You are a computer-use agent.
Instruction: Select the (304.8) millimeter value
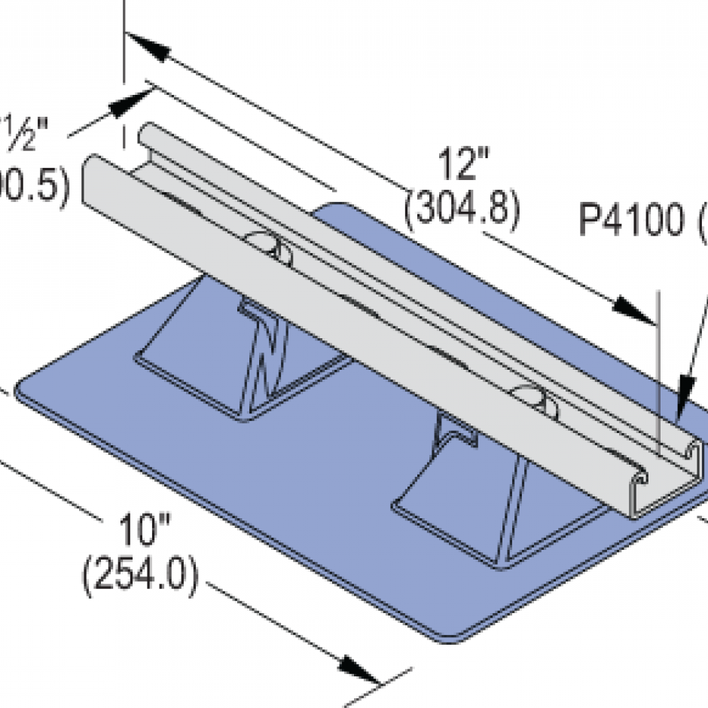[x=462, y=211]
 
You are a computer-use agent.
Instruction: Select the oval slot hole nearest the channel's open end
[x=535, y=398]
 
